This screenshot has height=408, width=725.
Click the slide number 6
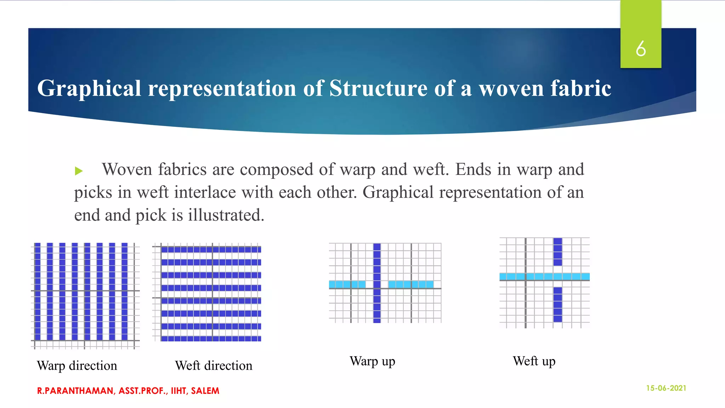[640, 49]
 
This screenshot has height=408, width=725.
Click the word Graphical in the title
[89, 88]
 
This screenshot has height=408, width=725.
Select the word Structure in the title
[378, 88]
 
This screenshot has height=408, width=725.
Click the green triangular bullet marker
[79, 171]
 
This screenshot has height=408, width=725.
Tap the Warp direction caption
[77, 365]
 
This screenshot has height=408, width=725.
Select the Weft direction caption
[213, 365]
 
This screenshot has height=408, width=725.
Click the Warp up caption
[372, 361]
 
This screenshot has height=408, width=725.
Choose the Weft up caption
[534, 361]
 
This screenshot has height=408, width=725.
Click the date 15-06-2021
[666, 388]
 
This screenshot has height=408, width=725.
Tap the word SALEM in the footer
[205, 391]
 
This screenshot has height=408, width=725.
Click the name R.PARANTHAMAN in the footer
[75, 391]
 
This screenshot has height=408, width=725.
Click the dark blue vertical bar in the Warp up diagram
[377, 305]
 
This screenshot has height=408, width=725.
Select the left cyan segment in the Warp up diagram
[347, 284]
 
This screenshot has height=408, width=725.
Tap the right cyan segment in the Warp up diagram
[411, 284]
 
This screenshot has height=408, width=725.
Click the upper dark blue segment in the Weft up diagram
[558, 252]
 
